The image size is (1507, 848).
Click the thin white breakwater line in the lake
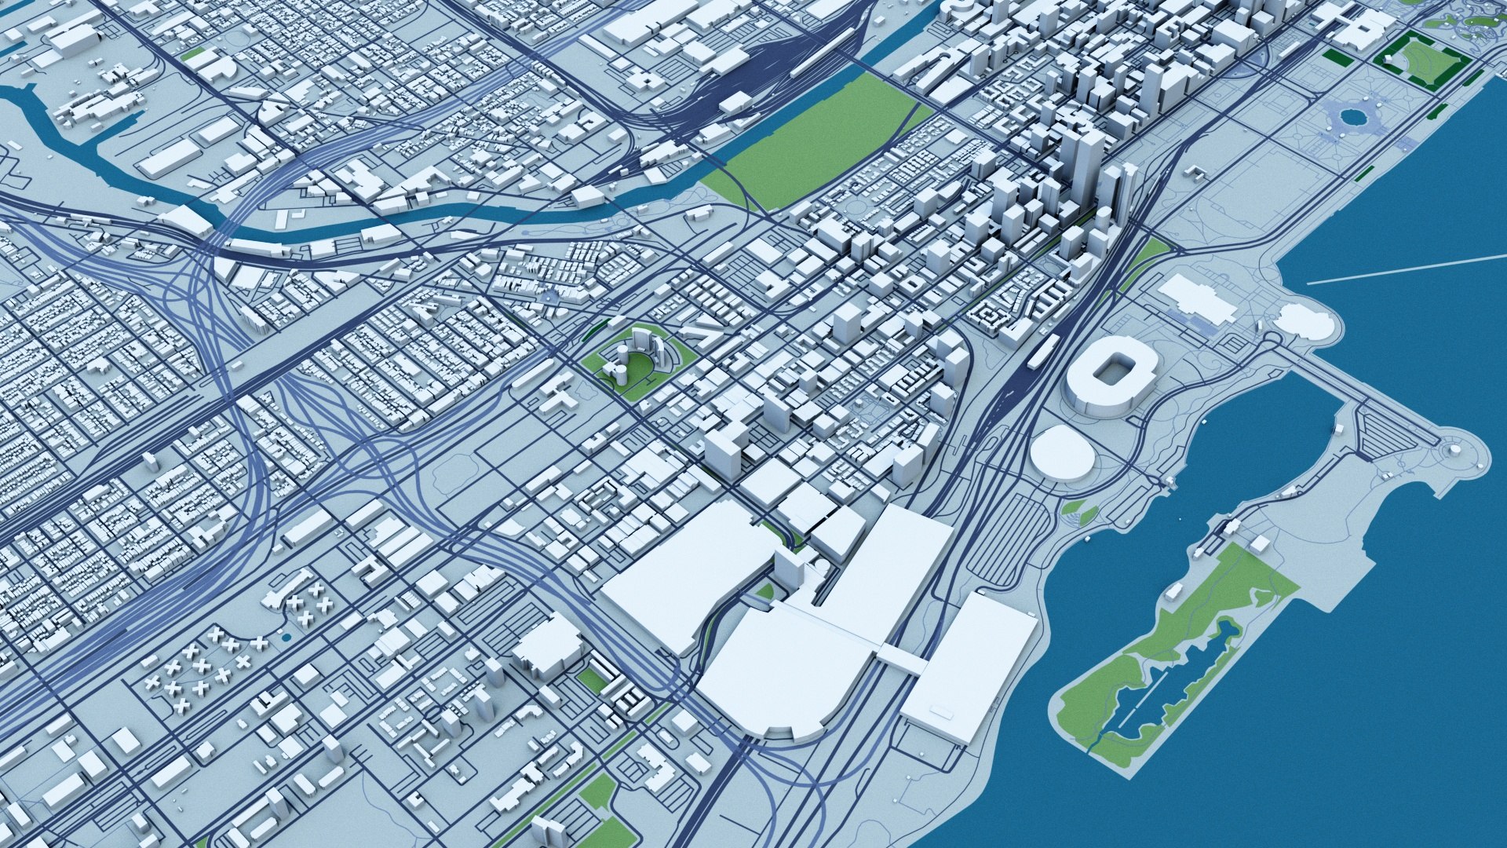tap(1405, 270)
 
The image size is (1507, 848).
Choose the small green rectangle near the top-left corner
tap(191, 54)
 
